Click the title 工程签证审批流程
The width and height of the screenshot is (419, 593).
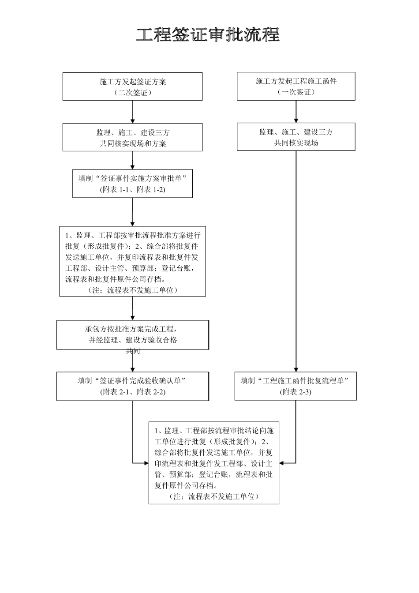coord(208,35)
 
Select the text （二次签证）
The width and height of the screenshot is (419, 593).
coord(132,93)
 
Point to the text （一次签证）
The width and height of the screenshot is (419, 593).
coord(296,92)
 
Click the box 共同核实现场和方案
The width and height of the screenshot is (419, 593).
coord(132,137)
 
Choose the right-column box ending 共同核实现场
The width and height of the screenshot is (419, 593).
coord(296,137)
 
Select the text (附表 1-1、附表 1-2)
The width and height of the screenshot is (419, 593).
coord(132,190)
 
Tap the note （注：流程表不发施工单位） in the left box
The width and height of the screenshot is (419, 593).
coord(132,290)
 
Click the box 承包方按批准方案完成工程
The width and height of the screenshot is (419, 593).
coord(132,334)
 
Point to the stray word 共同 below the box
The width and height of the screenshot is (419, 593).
coord(133,351)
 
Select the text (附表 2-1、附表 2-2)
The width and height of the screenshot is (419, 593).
coord(132,392)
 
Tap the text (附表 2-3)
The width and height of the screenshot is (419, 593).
coord(295,392)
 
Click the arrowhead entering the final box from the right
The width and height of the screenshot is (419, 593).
coord(282,463)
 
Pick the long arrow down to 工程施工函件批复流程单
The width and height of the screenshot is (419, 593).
coord(296,265)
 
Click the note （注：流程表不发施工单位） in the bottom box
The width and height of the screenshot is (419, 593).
coord(213,496)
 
